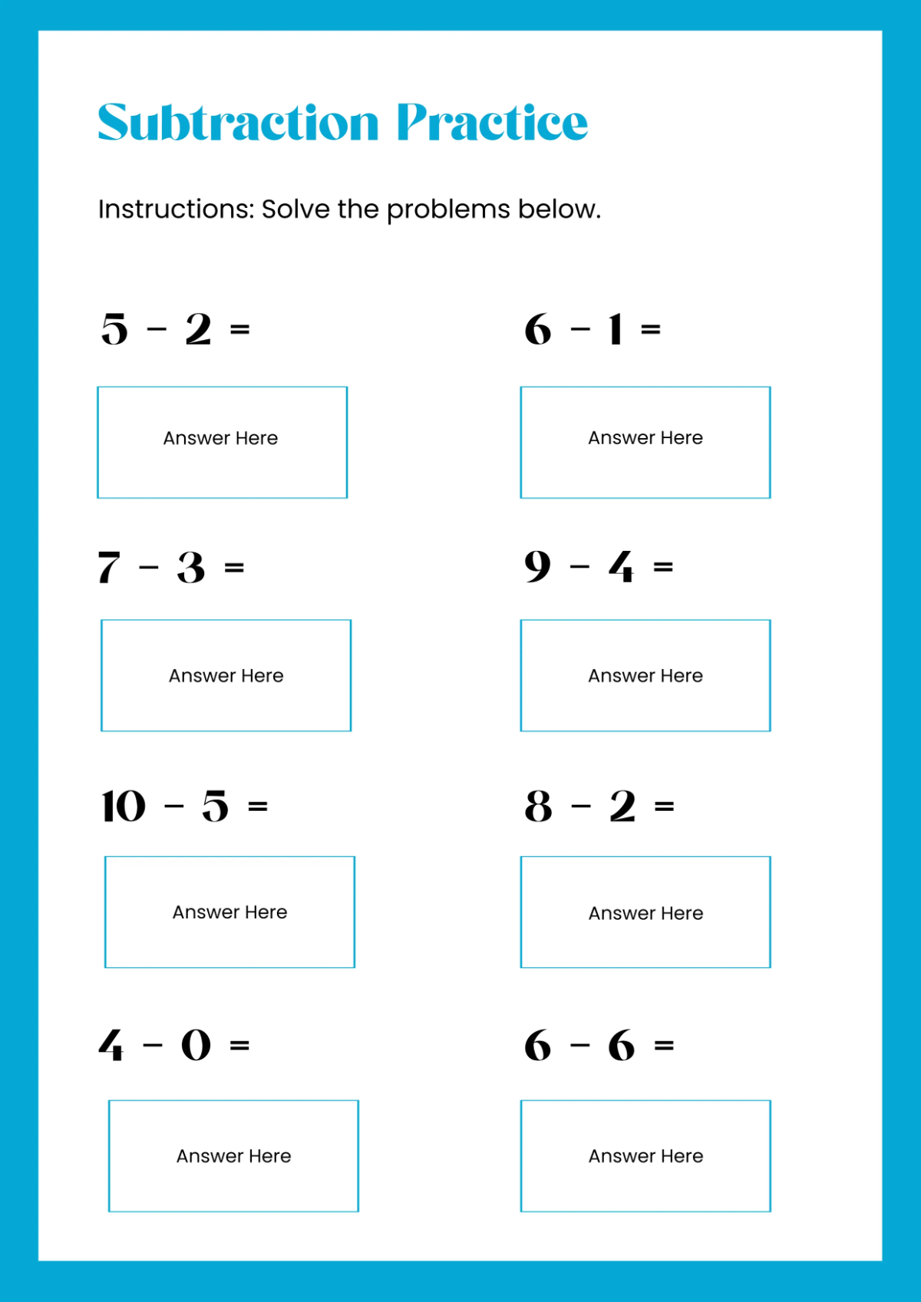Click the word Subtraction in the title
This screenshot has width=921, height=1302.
(x=238, y=123)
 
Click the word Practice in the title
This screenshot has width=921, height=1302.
(x=492, y=123)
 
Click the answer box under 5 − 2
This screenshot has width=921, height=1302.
(x=222, y=442)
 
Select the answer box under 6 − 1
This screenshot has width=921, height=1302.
(x=645, y=442)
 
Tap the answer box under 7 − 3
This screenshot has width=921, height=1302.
(x=226, y=675)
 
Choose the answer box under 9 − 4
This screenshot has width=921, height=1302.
(x=645, y=675)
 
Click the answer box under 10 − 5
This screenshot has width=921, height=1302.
(x=229, y=911)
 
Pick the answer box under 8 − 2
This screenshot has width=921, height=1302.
(x=645, y=911)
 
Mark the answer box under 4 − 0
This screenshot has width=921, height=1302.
(x=233, y=1155)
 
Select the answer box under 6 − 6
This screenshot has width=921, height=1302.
(x=645, y=1155)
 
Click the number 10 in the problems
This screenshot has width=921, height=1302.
(x=124, y=806)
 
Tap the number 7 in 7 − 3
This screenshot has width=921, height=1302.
(x=109, y=568)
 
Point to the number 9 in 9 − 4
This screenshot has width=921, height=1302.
(x=537, y=567)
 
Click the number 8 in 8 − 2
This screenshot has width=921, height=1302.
(x=538, y=806)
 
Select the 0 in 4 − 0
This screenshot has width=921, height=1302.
(x=196, y=1045)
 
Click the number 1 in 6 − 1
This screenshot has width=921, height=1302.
(x=615, y=329)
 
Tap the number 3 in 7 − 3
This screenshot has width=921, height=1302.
(x=191, y=568)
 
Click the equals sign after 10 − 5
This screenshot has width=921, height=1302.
(x=258, y=806)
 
